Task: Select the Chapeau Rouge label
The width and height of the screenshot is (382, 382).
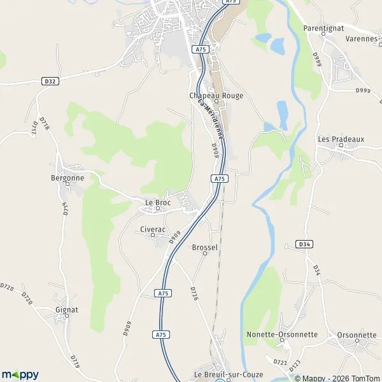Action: (216, 95)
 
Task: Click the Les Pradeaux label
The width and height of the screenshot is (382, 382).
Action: (341, 139)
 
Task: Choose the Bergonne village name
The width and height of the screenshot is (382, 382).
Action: (67, 178)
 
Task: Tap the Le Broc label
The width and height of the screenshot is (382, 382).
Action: (158, 202)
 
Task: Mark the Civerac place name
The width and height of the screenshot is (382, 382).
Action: (153, 229)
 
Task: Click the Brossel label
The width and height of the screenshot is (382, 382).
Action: (205, 247)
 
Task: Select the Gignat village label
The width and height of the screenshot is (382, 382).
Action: (67, 309)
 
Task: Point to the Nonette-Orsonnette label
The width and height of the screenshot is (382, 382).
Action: (282, 334)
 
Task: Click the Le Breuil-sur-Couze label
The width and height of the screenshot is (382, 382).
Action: (219, 374)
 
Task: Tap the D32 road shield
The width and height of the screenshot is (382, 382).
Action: (52, 81)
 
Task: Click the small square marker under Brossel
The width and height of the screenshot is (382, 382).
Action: (205, 254)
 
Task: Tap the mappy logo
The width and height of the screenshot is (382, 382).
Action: (20, 374)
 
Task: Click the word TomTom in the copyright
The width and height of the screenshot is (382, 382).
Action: (365, 378)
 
